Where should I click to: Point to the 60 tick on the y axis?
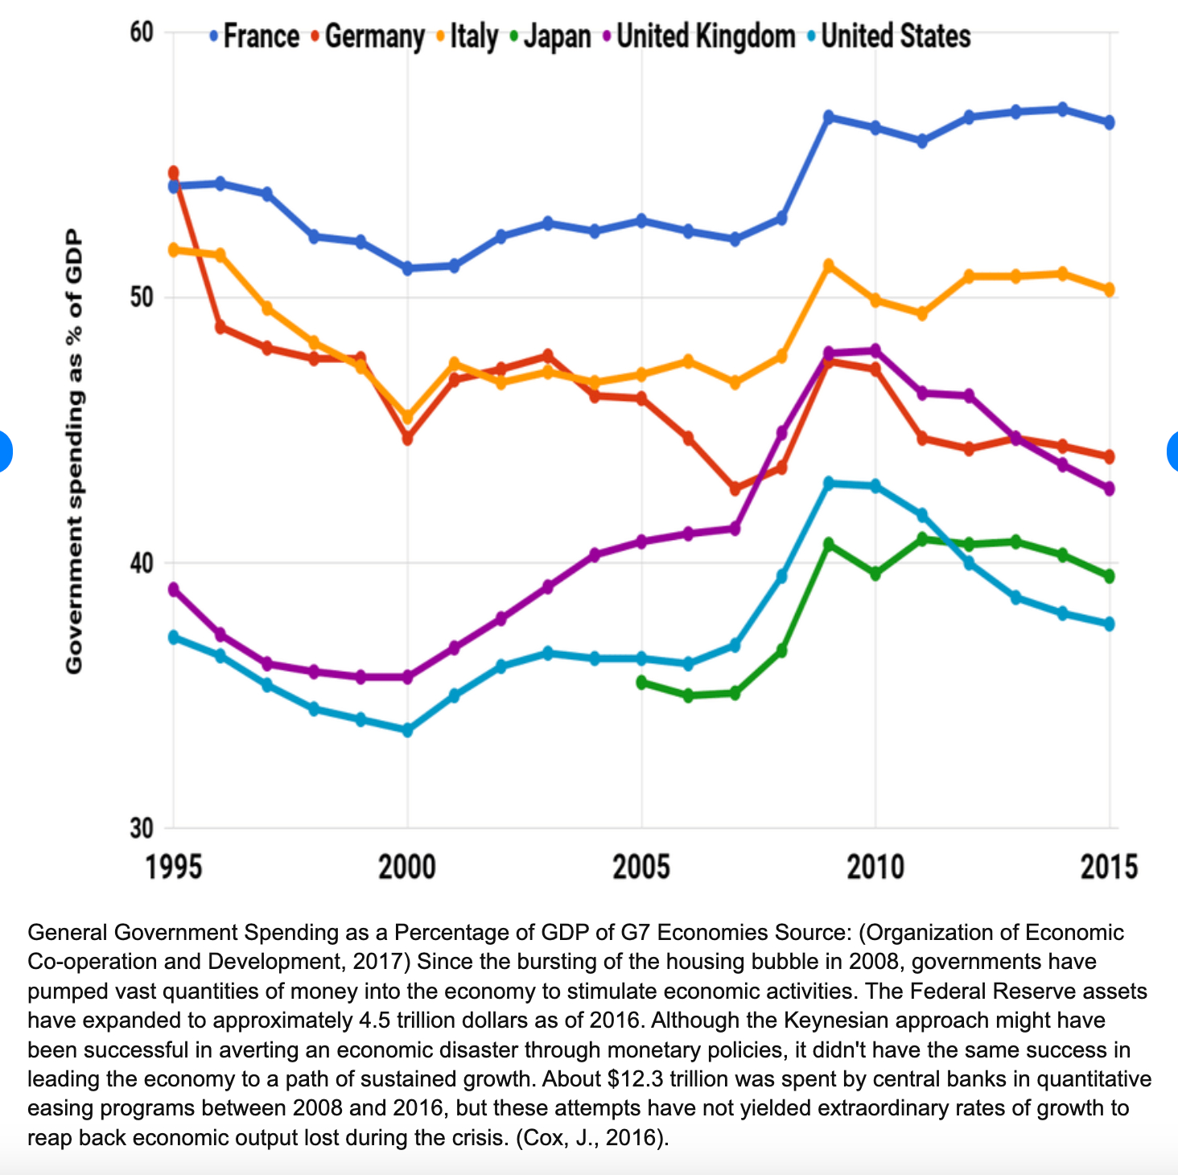141,32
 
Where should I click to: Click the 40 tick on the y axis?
141,563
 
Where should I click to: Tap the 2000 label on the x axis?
407,868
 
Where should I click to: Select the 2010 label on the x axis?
875,868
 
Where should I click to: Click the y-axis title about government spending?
74,451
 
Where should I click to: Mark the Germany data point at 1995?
173,173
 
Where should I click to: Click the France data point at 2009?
829,117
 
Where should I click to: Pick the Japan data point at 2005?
642,682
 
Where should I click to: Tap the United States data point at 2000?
407,730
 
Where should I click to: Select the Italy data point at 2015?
1109,290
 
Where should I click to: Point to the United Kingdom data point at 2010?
875,351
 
